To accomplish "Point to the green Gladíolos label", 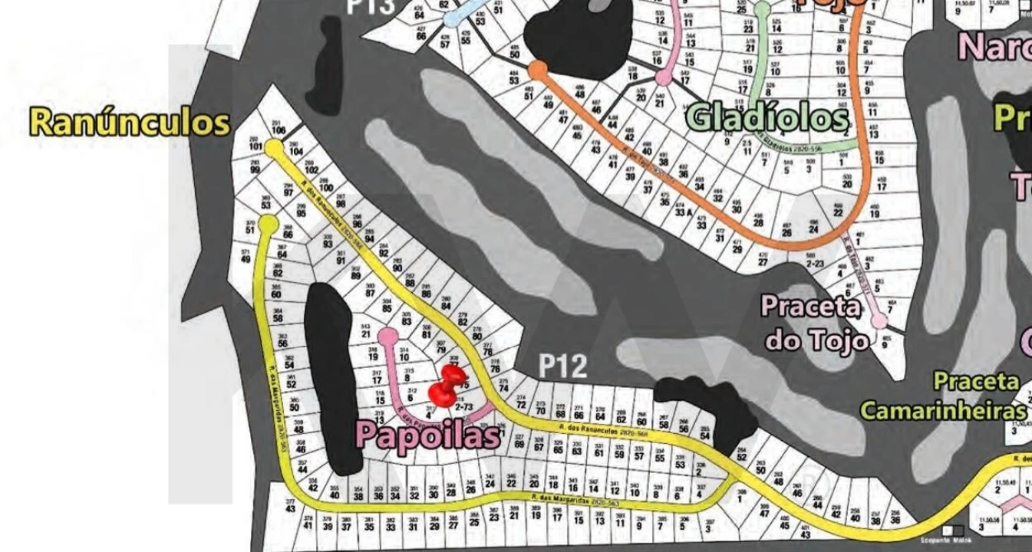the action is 767,117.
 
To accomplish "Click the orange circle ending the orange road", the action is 538,70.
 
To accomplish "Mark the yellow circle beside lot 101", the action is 273,148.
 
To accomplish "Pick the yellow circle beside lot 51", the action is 268,223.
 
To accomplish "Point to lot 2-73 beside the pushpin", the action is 463,406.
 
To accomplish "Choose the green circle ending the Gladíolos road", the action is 762,9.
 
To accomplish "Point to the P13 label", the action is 370,7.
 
